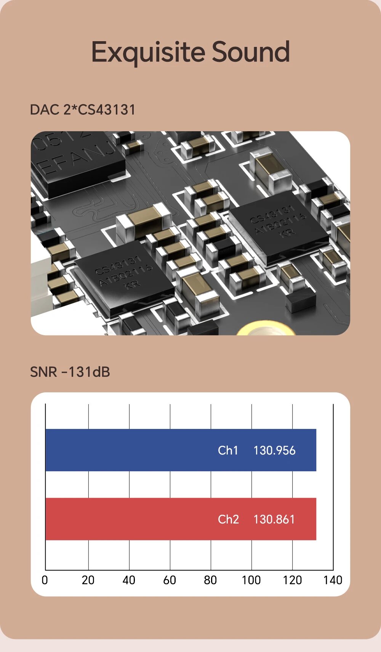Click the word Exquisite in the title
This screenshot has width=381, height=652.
[149, 52]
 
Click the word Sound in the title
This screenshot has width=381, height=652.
[251, 52]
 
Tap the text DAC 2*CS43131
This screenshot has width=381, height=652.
[83, 110]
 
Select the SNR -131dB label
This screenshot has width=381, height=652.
[70, 372]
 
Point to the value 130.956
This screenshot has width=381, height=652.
[274, 450]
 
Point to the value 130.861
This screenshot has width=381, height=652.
[274, 519]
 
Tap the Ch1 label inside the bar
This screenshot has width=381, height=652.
[228, 450]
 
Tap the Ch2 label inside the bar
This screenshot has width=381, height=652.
[228, 519]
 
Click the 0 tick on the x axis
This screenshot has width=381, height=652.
[45, 580]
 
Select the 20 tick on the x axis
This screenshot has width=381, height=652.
[88, 580]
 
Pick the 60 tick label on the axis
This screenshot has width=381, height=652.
[170, 580]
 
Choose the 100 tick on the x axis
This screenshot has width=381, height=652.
[251, 580]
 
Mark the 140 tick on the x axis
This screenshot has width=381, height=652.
[333, 580]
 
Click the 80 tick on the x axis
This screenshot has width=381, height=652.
[210, 580]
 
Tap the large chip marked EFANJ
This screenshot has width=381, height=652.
[76, 160]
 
